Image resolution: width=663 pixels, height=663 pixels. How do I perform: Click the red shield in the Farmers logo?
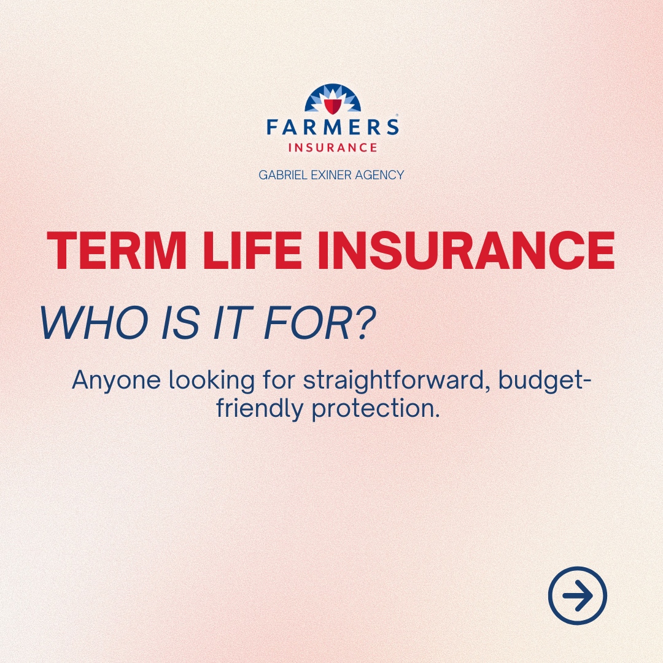(x=332, y=106)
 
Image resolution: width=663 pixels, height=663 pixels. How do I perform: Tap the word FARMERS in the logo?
(x=332, y=127)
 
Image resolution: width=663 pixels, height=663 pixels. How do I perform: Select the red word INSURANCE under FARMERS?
(x=332, y=148)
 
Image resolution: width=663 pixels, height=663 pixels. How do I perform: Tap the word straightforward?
(x=395, y=381)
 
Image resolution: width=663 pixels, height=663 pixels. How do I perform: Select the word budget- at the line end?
(x=545, y=381)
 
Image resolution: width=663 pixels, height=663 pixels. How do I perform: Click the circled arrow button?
(x=577, y=595)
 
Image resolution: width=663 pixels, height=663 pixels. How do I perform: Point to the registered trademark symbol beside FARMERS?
(x=397, y=115)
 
